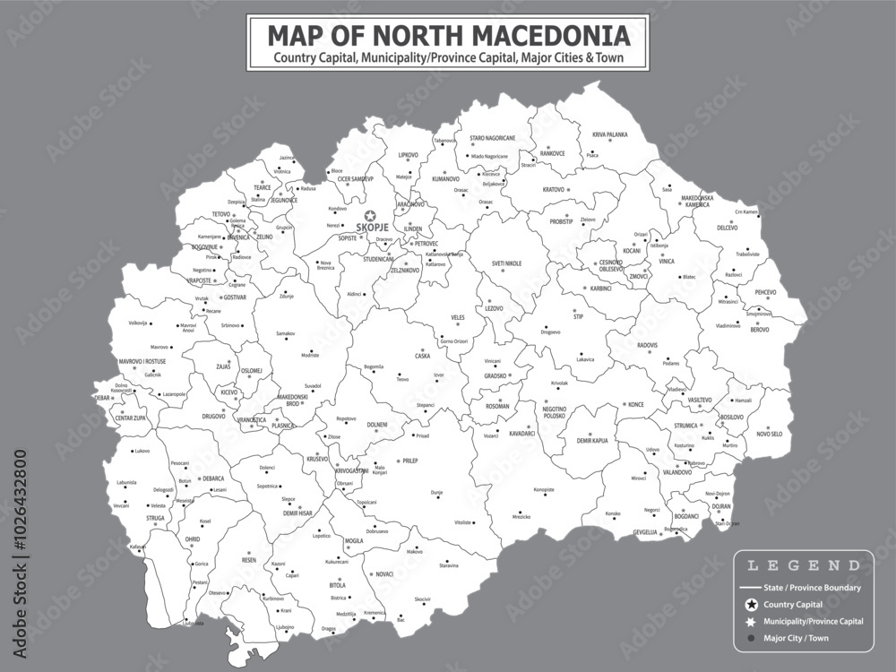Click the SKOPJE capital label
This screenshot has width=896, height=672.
[x=373, y=228]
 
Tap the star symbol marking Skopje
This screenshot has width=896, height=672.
[x=372, y=214]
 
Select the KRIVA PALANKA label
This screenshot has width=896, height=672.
[x=609, y=134]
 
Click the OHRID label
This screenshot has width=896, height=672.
[x=193, y=539]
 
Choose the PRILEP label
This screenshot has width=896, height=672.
[x=409, y=461]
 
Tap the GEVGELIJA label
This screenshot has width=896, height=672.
[x=645, y=532]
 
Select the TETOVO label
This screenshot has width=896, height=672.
[x=220, y=214]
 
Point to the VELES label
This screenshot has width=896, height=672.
[x=458, y=318]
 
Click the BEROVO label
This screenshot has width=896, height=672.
[x=759, y=330]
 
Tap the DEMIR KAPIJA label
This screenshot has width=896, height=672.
[x=591, y=442]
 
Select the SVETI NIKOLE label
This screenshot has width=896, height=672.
[x=506, y=263]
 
